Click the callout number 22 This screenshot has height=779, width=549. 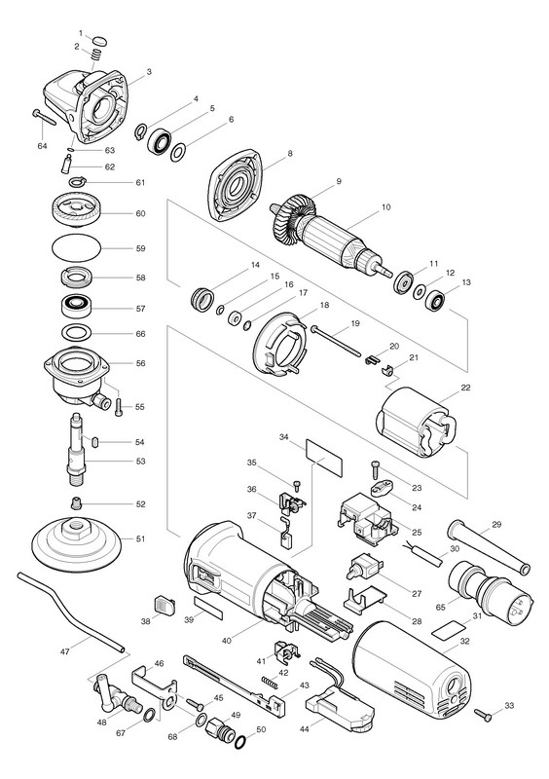coord(465,388)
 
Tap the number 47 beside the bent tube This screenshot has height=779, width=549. coord(65,651)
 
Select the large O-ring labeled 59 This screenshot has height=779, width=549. coord(77,247)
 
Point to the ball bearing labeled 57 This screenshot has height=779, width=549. coord(76,309)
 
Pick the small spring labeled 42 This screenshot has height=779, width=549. coord(270,682)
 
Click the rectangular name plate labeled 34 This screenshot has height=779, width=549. coord(324,458)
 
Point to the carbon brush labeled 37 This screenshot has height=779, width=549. coord(287,533)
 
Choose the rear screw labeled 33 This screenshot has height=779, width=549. coord(483,715)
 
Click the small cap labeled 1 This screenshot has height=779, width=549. coord(100,40)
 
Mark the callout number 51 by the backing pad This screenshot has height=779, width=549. coord(140,539)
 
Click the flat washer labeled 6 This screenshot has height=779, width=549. coord(178,153)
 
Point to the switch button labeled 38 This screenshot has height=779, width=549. coord(165,605)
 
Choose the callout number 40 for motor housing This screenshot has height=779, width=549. coord(227,641)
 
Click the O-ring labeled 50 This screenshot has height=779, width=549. coord(240,742)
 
